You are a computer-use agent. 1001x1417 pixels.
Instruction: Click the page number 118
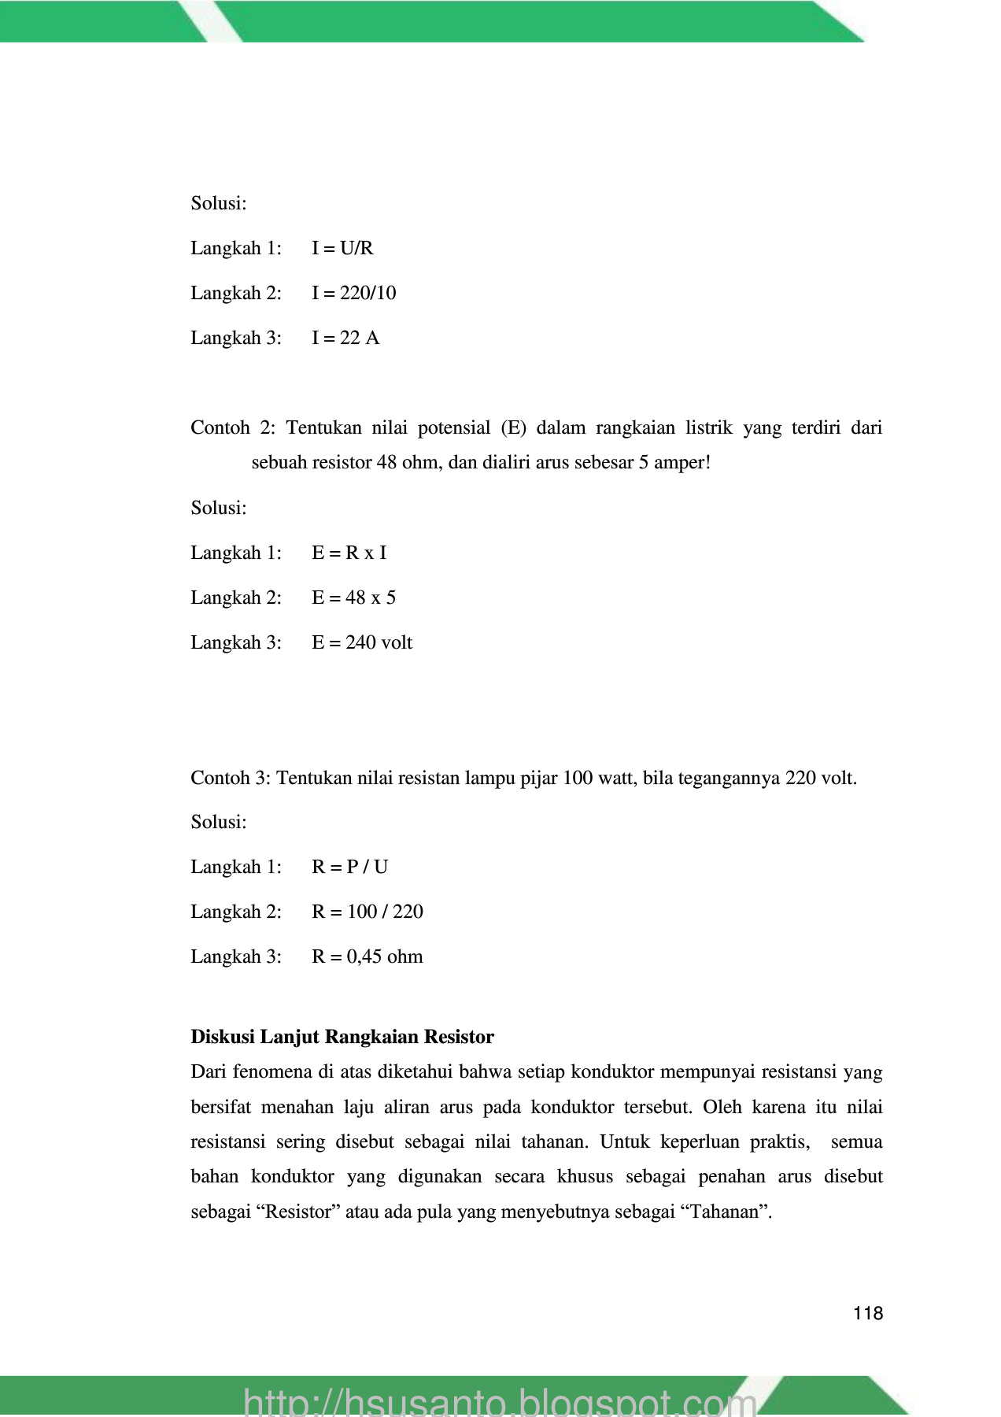pos(867,1313)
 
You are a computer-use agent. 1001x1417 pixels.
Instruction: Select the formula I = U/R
pos(342,249)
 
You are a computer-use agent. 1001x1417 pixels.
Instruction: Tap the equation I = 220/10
pos(353,294)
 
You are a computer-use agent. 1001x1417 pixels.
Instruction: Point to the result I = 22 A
pos(345,339)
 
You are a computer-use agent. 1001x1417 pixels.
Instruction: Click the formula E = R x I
pos(349,553)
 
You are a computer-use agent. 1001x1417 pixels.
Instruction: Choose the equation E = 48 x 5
pos(353,598)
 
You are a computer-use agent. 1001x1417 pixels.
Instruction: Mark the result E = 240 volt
pos(361,643)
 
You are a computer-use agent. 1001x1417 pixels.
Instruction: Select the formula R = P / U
pos(349,868)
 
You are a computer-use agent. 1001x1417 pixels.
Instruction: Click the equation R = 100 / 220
pos(367,912)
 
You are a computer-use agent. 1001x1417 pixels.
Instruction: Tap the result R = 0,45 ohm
pos(367,957)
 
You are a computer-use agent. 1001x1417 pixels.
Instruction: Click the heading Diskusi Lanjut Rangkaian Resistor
pos(342,1037)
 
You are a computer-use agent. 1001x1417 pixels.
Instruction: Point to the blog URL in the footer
pos(500,1402)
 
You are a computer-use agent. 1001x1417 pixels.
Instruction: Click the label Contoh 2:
pos(233,428)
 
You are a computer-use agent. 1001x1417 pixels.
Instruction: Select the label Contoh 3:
pos(231,779)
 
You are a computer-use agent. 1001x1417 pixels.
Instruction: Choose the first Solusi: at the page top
pos(219,204)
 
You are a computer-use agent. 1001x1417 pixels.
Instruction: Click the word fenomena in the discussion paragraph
pos(273,1072)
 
